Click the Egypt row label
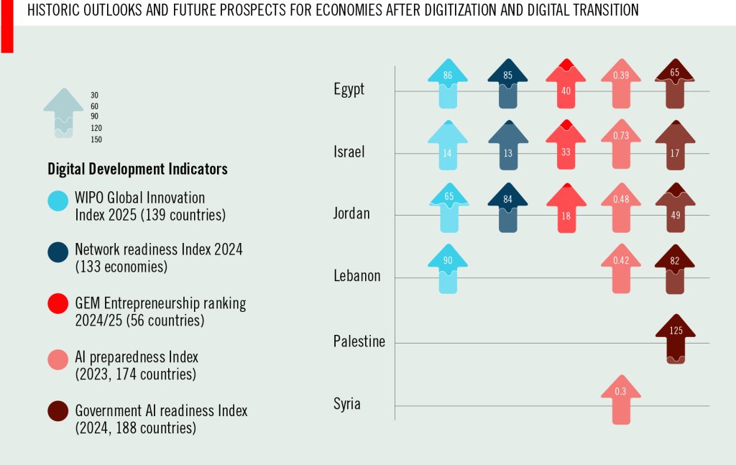tap(349, 89)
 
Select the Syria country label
tap(346, 404)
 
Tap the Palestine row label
tap(359, 341)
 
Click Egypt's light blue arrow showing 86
tap(448, 83)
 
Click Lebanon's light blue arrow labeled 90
tap(448, 270)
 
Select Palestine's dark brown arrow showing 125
tap(676, 338)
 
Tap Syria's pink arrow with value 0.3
tap(620, 399)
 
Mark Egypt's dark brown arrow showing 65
tap(675, 83)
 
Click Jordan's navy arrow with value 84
tap(507, 208)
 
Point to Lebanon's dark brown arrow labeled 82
tap(675, 270)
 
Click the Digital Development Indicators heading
tap(137, 169)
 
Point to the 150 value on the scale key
tap(96, 139)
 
